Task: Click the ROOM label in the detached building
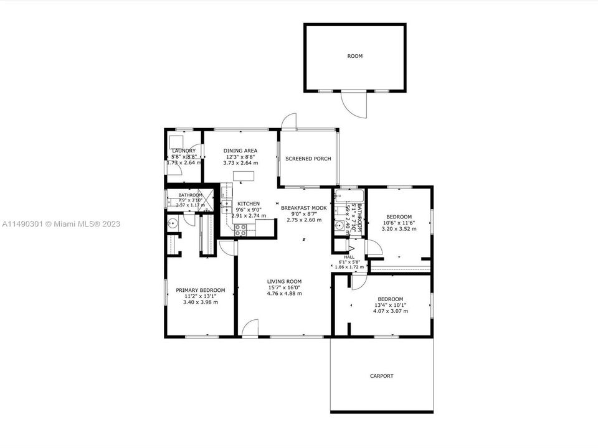(354, 56)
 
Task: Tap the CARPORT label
(381, 376)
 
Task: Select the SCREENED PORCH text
(308, 159)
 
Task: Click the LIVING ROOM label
(284, 281)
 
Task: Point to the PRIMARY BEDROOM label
(200, 290)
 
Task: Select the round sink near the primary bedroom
(173, 223)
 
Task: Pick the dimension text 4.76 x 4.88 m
(284, 294)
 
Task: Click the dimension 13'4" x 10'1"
(390, 305)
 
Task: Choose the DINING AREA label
(240, 151)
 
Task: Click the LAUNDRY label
(184, 151)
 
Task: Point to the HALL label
(349, 257)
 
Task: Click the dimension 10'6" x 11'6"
(399, 223)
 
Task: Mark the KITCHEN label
(248, 203)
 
